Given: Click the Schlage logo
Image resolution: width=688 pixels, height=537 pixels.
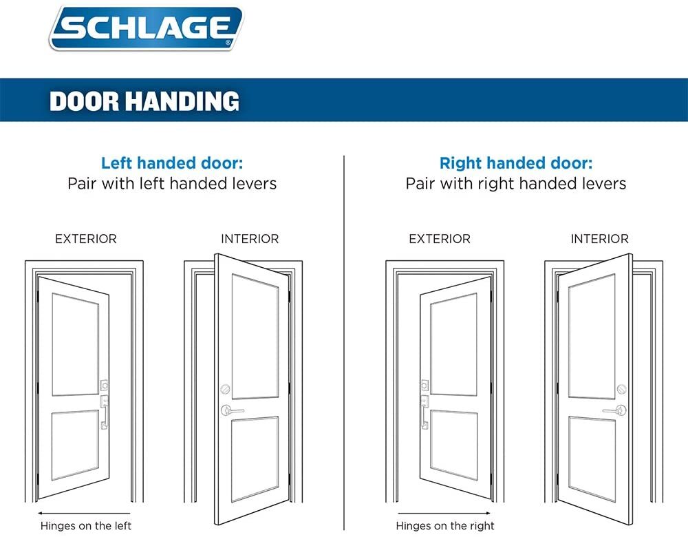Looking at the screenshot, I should [146, 28].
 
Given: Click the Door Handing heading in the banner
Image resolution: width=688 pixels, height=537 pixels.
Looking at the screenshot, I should [144, 101].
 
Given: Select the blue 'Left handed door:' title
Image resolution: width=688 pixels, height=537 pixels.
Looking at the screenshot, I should [172, 164].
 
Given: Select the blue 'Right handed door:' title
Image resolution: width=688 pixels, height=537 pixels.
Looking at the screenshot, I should [515, 164].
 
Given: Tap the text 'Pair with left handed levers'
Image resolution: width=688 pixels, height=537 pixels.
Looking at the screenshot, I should [172, 184].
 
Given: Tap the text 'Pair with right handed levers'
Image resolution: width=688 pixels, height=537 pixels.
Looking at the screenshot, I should [515, 184].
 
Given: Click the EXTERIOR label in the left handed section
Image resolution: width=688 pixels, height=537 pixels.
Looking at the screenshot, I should [86, 240].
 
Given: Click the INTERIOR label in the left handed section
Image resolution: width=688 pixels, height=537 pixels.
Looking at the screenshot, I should [250, 240].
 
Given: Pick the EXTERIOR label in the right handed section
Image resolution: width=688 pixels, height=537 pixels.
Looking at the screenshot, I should [440, 240].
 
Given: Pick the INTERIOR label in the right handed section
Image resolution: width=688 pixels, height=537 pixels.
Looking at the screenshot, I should [599, 240].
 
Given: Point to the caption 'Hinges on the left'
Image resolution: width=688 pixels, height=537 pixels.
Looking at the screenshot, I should [86, 526].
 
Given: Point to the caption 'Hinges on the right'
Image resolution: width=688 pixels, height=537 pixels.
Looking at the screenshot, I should [446, 526].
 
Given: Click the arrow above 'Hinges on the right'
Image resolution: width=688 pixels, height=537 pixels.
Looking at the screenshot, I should [444, 513].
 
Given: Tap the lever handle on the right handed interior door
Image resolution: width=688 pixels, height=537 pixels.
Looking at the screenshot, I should [614, 411].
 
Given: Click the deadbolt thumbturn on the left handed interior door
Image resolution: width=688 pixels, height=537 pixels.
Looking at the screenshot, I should [224, 389].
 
